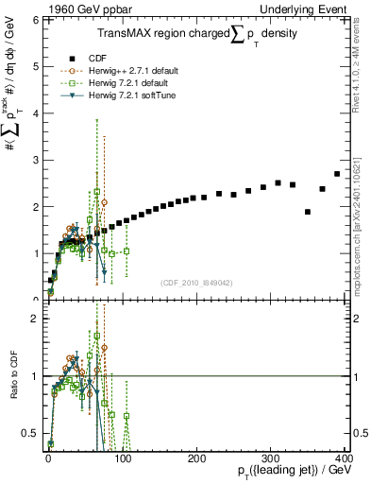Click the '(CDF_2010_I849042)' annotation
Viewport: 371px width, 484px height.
pos(197,282)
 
